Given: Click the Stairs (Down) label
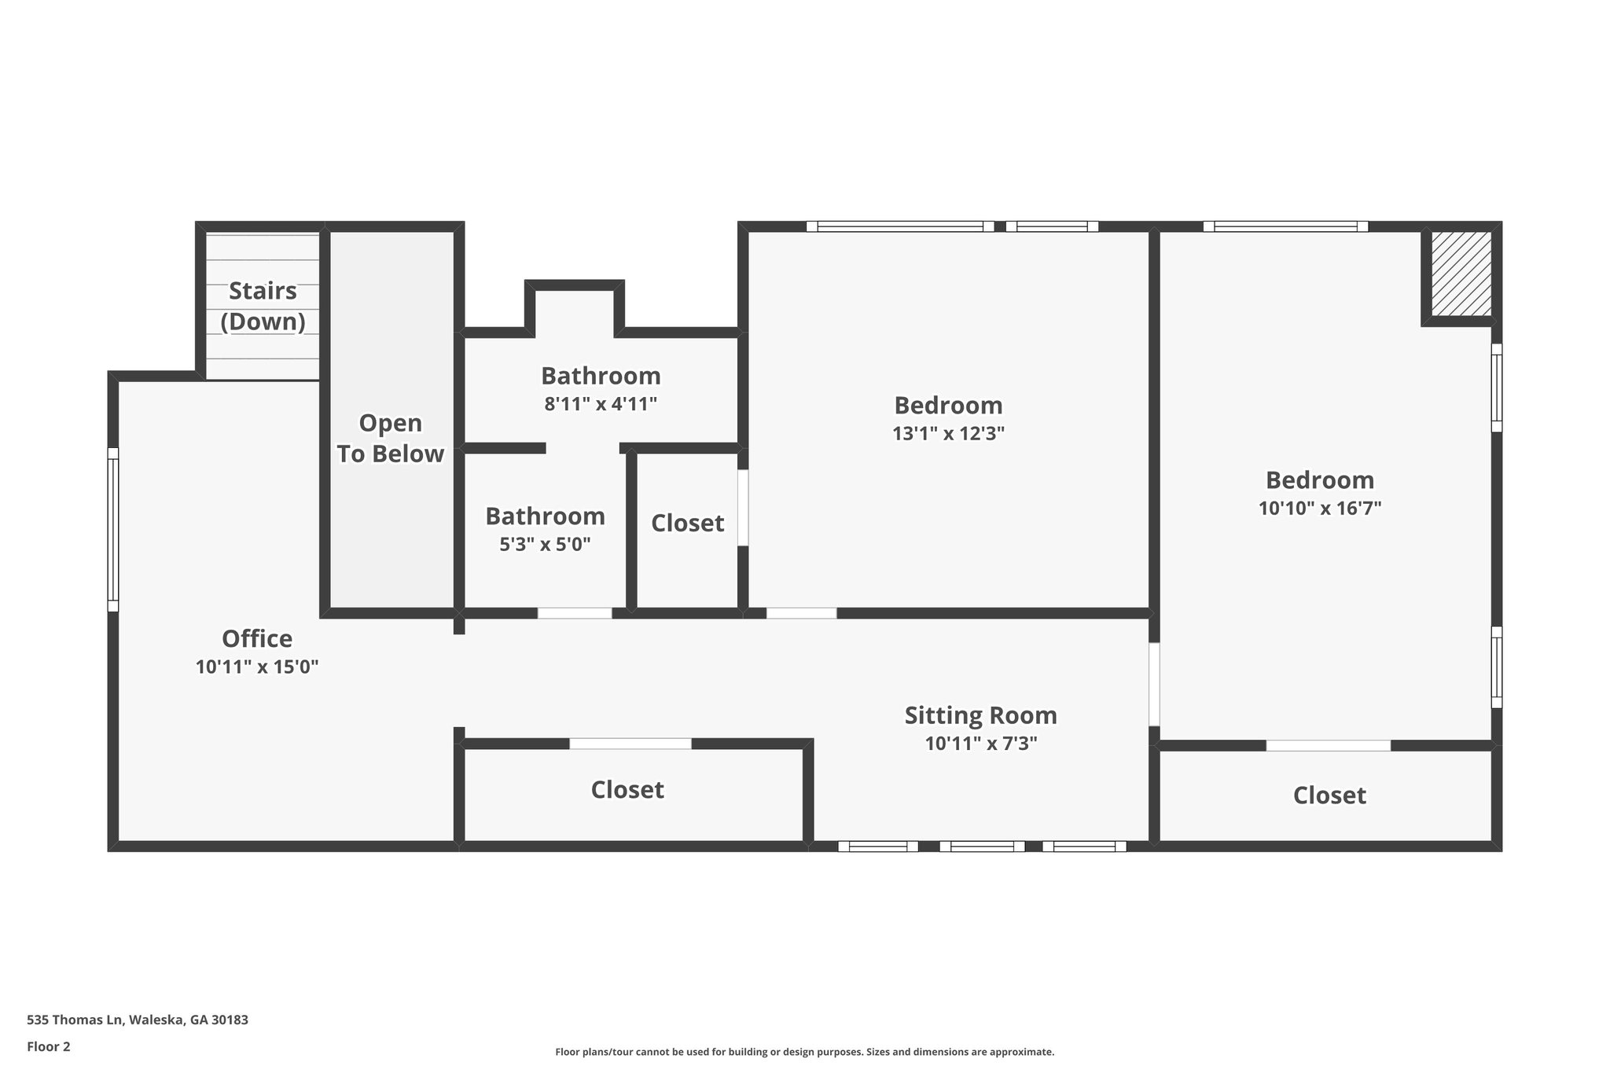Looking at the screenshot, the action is (x=263, y=306).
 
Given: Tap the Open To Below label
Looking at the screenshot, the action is (x=390, y=439).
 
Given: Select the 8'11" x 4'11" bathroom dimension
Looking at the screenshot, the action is (x=601, y=404).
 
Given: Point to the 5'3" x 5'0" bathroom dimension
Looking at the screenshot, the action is (x=545, y=544).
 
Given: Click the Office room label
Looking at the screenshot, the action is (x=257, y=638).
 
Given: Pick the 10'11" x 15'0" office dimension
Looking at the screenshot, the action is (x=257, y=667).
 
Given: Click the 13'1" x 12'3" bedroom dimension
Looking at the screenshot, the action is (x=948, y=433).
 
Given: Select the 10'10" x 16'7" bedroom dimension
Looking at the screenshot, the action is (x=1320, y=508).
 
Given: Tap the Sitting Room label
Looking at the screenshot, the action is (x=980, y=715).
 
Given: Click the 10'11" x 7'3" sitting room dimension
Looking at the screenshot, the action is (x=980, y=744).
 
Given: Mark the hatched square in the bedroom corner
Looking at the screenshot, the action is (x=1461, y=274).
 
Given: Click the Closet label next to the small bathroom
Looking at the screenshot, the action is (x=687, y=523).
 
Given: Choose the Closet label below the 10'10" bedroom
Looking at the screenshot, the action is (x=1329, y=796).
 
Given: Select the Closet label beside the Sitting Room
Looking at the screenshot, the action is (x=627, y=790).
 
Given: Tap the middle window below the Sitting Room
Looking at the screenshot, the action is (x=982, y=847).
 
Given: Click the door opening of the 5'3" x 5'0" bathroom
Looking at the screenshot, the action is (x=575, y=613).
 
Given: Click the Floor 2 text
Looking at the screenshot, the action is (x=49, y=1047).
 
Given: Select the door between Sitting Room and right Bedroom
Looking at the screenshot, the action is (x=1154, y=684).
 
